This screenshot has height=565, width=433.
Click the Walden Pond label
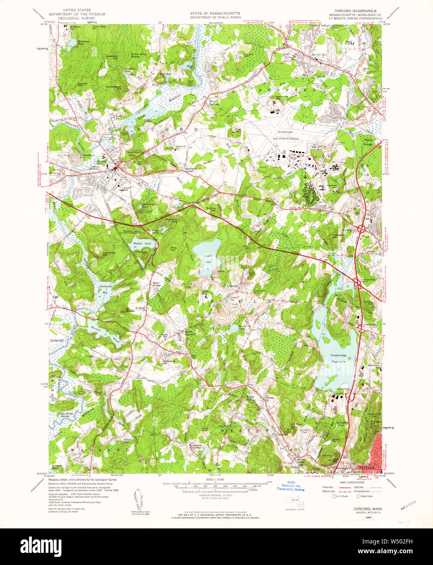(x=141, y=243)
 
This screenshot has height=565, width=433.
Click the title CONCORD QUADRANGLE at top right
(x=355, y=11)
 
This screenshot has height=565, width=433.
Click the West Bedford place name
(x=214, y=103)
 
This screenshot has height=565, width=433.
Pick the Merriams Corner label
(x=191, y=169)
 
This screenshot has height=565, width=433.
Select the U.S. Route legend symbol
(x=335, y=496)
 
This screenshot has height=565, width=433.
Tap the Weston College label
(x=198, y=446)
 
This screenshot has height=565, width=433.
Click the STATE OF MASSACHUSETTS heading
(x=215, y=13)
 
